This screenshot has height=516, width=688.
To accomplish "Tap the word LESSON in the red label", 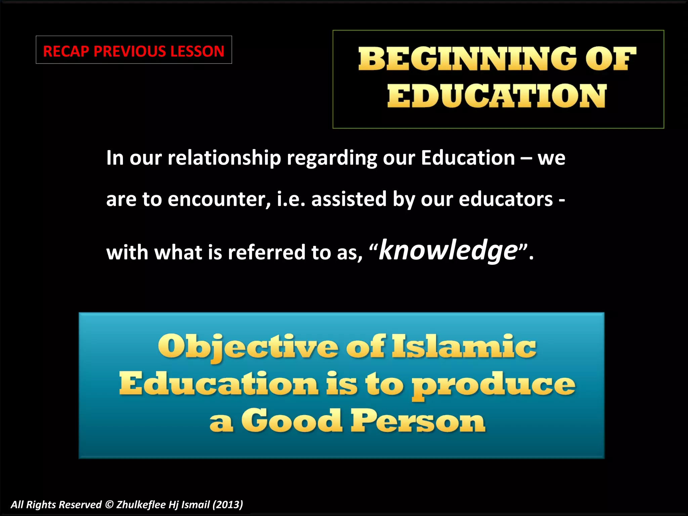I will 197,51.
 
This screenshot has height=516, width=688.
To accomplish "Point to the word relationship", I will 224,158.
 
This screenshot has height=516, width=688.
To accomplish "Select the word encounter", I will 219,199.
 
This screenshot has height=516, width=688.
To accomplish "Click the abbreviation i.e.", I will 291,199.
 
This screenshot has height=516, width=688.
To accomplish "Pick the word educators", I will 506,199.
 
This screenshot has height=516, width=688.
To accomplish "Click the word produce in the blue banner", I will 494,385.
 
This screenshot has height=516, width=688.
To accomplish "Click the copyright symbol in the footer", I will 109,505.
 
